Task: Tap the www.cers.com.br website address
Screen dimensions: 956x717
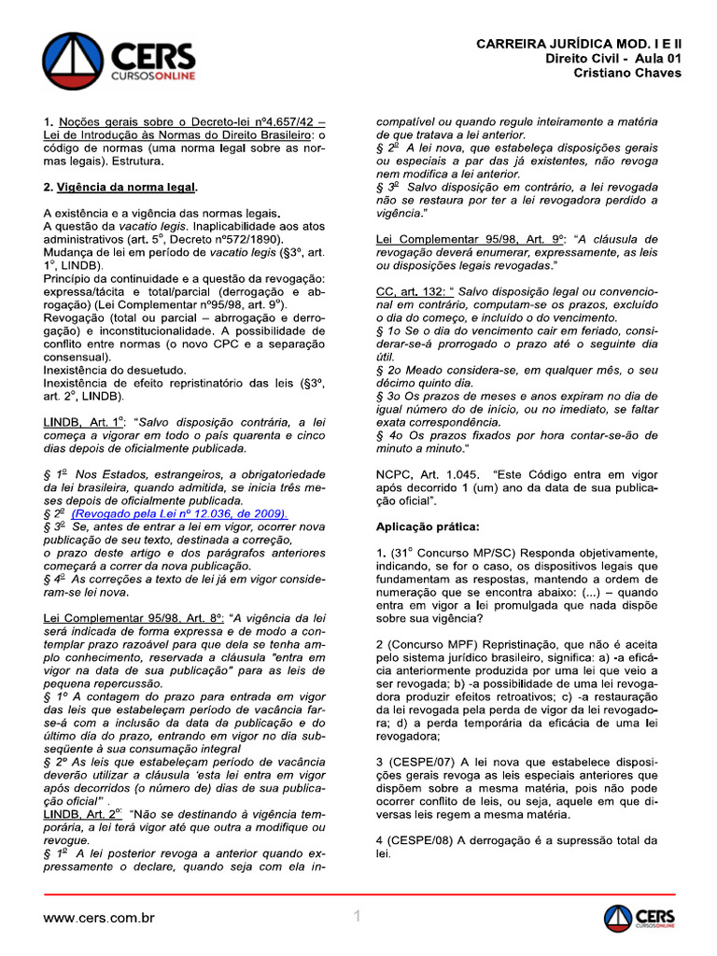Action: [99, 919]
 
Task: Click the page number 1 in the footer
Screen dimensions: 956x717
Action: [358, 918]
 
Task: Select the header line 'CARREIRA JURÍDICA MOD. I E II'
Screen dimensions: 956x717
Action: [579, 44]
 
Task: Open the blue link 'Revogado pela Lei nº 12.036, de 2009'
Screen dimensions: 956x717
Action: [179, 513]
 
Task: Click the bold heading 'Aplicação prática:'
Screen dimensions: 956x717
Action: [428, 527]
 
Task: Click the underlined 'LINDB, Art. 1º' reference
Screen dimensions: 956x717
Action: [83, 421]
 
